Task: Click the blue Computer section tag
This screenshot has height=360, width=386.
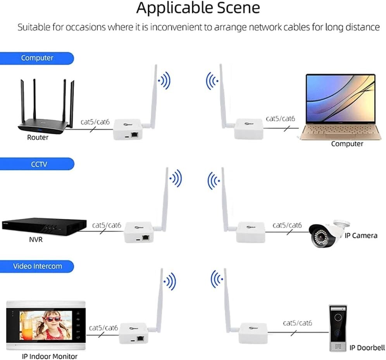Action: tap(37, 58)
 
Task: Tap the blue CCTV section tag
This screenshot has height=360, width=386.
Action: tap(39, 164)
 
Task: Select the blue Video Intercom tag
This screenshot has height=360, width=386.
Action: tap(37, 266)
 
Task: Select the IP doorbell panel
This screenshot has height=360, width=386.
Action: tap(338, 328)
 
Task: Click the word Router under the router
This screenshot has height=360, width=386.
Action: tap(38, 137)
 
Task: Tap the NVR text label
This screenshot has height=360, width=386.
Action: tap(36, 239)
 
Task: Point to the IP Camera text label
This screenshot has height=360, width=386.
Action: tap(361, 235)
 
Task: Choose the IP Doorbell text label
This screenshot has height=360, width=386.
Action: tap(367, 348)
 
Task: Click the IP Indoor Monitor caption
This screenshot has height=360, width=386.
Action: tap(49, 356)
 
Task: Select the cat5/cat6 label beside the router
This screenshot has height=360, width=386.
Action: tap(95, 122)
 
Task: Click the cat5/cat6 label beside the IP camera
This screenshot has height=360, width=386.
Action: tap(287, 225)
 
